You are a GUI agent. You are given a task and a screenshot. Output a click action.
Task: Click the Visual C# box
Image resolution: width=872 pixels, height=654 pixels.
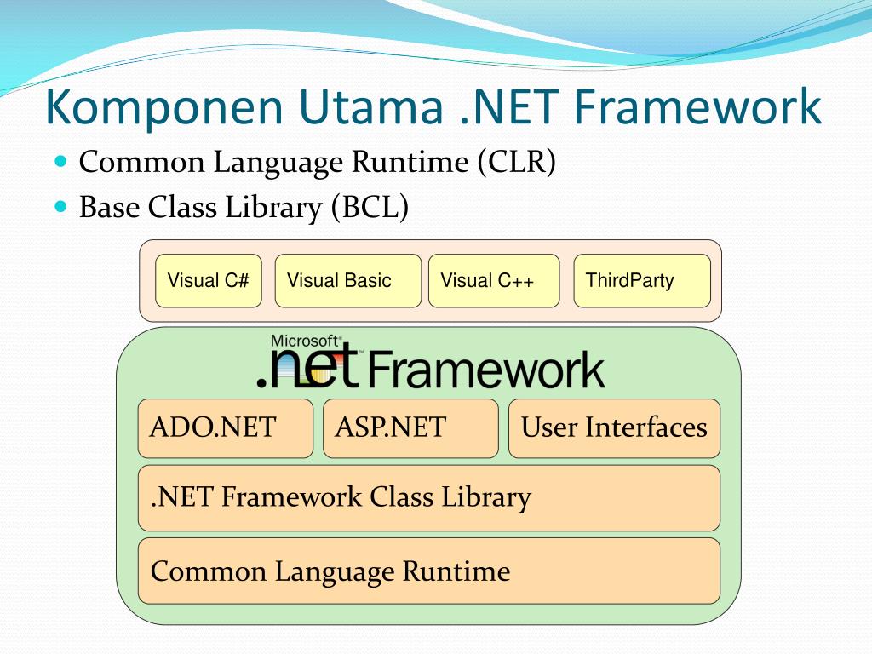(x=209, y=280)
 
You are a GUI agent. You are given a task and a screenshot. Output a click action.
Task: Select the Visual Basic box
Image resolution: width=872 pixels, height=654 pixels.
(x=347, y=280)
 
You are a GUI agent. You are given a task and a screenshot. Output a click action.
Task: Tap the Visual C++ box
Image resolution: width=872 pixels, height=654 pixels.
(x=494, y=280)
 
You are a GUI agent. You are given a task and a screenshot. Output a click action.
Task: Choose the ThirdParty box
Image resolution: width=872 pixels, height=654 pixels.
(x=642, y=280)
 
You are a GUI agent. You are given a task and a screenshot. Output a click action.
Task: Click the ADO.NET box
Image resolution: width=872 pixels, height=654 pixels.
(x=225, y=427)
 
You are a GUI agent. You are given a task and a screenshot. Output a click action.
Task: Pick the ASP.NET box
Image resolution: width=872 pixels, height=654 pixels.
(x=410, y=427)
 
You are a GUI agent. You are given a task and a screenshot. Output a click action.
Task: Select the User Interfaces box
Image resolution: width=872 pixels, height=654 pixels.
(x=614, y=427)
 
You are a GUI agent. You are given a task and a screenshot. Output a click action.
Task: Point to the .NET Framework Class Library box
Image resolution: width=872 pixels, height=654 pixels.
(x=428, y=497)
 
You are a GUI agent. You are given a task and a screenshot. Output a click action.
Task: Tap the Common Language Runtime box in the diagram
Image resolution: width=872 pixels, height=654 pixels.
(x=428, y=571)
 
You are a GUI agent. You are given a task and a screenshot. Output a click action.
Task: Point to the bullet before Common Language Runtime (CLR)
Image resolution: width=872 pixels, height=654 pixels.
(x=60, y=160)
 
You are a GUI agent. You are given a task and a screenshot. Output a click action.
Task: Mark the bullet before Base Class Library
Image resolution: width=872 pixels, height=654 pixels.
(x=60, y=206)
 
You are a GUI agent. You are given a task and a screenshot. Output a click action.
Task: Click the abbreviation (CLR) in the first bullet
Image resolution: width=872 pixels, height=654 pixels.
(x=516, y=162)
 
